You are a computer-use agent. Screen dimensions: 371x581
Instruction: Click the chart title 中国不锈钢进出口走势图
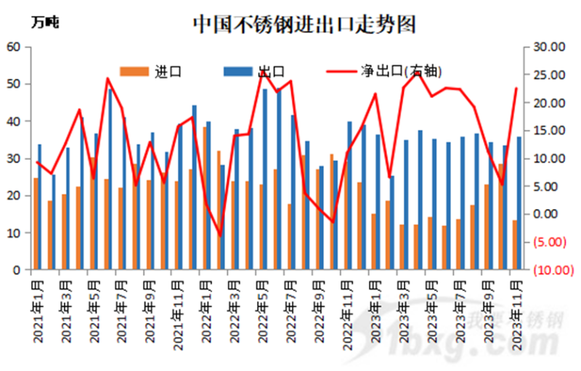[304, 23]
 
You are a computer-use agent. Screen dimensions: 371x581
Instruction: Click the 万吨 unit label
[45, 23]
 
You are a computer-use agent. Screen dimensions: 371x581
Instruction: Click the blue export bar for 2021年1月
[40, 207]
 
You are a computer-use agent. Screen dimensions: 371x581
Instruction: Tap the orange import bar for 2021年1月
[36, 224]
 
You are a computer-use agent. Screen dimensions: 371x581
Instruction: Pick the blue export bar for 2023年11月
[519, 203]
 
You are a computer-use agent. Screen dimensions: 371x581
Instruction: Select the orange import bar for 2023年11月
[514, 245]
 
